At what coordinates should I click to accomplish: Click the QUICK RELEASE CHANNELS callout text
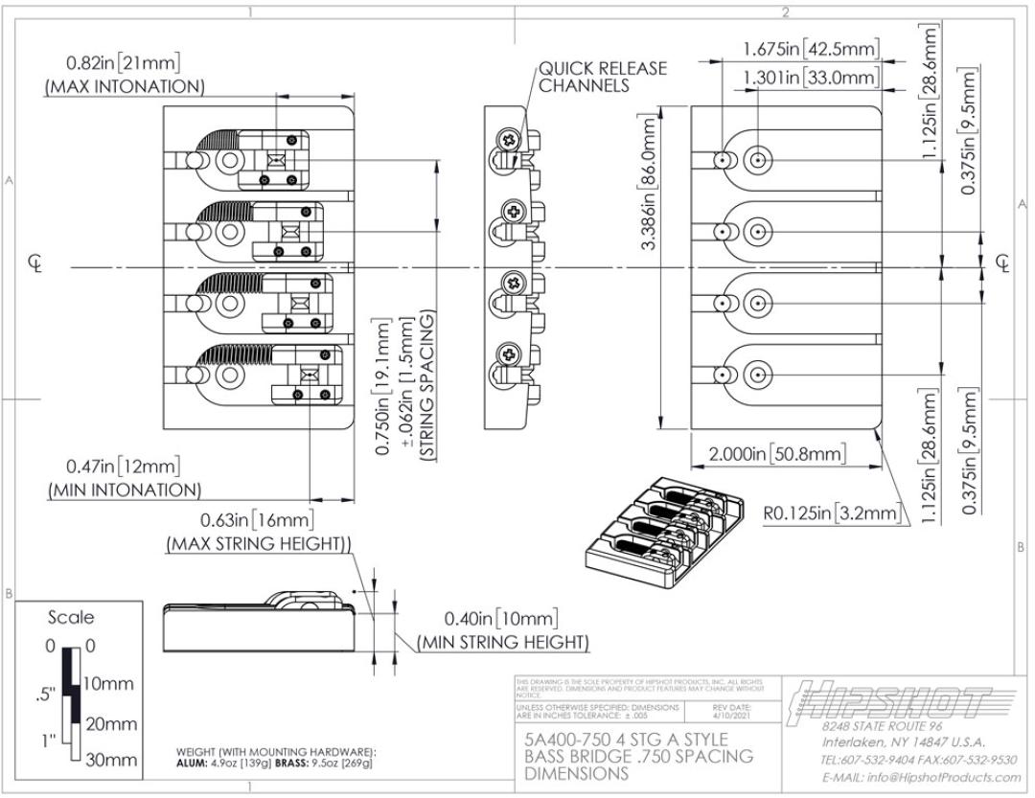click(602, 77)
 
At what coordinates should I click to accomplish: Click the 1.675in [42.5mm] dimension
click(811, 48)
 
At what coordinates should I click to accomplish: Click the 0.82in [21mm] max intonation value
click(123, 63)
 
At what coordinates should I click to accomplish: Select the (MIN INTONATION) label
click(125, 490)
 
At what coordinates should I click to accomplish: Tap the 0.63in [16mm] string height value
click(257, 520)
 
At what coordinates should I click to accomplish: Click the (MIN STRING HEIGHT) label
click(503, 641)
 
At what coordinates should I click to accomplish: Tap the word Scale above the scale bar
click(71, 617)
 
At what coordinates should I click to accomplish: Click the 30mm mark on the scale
click(111, 760)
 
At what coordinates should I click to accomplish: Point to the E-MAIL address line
click(918, 777)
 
